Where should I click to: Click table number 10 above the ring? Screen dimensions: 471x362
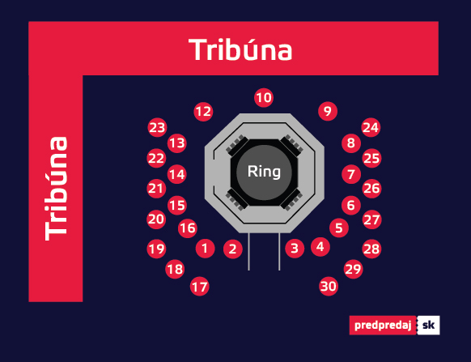[264, 98]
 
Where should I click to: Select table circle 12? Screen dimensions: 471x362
[203, 112]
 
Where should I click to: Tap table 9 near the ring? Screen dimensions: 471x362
[328, 111]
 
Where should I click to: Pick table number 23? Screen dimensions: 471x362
[157, 127]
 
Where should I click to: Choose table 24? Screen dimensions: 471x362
[371, 127]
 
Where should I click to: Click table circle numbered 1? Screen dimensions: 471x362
[206, 249]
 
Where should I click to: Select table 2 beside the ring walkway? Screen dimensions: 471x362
[233, 249]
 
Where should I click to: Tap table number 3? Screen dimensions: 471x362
[295, 249]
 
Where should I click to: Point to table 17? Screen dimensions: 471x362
[200, 286]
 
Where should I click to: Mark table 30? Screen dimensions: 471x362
[329, 286]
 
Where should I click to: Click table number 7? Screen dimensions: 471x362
[351, 174]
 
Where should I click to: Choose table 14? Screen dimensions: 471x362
[176, 174]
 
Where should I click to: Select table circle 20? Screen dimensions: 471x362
[156, 219]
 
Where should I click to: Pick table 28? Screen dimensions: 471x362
[371, 249]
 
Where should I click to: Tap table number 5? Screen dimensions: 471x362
[339, 228]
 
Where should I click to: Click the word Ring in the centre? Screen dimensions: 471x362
[264, 172]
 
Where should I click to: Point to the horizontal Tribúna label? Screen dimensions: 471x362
[240, 49]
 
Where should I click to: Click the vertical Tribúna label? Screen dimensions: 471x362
[56, 189]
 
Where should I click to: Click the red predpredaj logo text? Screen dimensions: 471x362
[383, 326]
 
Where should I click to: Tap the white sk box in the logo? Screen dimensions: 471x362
[428, 326]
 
